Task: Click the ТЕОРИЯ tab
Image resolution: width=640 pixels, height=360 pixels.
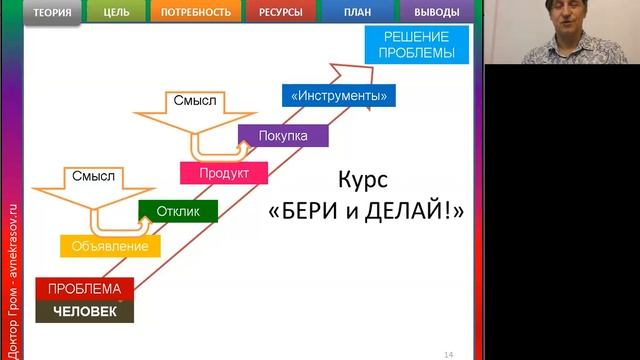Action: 51,13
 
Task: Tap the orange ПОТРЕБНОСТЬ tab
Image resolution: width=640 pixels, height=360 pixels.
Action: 196,13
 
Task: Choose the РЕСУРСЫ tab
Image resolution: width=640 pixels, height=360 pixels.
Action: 279,13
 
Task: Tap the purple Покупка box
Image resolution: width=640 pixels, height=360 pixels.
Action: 283,135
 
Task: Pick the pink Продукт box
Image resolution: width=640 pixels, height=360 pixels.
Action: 227,173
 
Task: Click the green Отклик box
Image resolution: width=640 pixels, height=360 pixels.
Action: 178,211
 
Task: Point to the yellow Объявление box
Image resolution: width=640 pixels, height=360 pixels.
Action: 111,246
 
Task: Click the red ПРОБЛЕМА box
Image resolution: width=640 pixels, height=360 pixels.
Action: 84,289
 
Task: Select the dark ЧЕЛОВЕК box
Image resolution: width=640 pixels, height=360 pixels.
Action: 84,312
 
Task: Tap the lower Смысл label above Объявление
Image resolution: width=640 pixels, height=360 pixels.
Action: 94,177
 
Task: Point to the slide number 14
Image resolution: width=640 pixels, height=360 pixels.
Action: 448,353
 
